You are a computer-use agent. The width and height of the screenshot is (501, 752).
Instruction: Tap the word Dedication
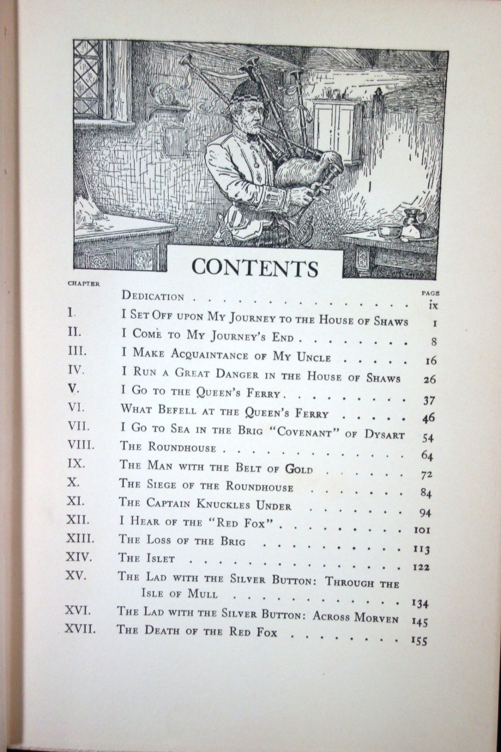pos(153,296)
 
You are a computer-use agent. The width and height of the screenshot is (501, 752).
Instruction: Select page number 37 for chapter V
pos(429,401)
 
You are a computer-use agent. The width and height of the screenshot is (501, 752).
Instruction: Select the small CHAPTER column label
pos(84,284)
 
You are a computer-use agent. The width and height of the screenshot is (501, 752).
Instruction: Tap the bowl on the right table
pos(389,230)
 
